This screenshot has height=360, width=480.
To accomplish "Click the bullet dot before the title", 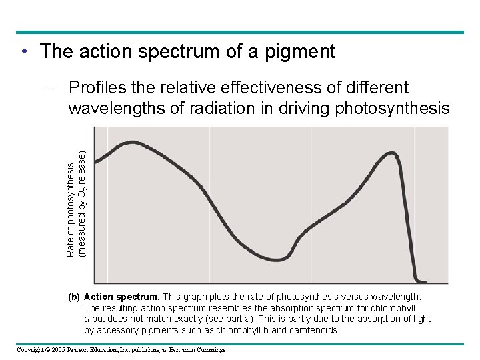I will click(23, 51).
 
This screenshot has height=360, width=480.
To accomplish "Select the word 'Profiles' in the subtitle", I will click(101, 88).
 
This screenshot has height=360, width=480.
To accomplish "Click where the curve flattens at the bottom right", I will click(423, 281).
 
